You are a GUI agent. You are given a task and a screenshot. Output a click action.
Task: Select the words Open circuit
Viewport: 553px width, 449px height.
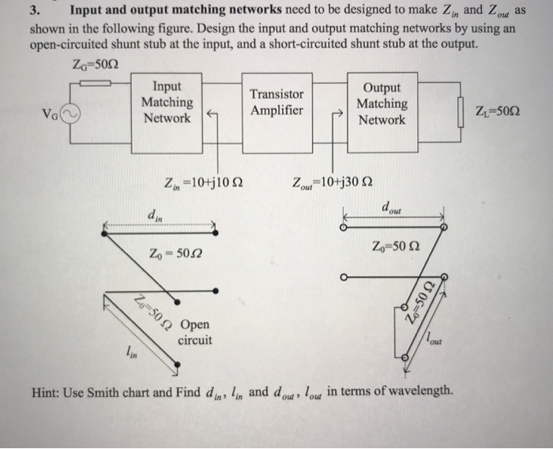pyautogui.click(x=195, y=332)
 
